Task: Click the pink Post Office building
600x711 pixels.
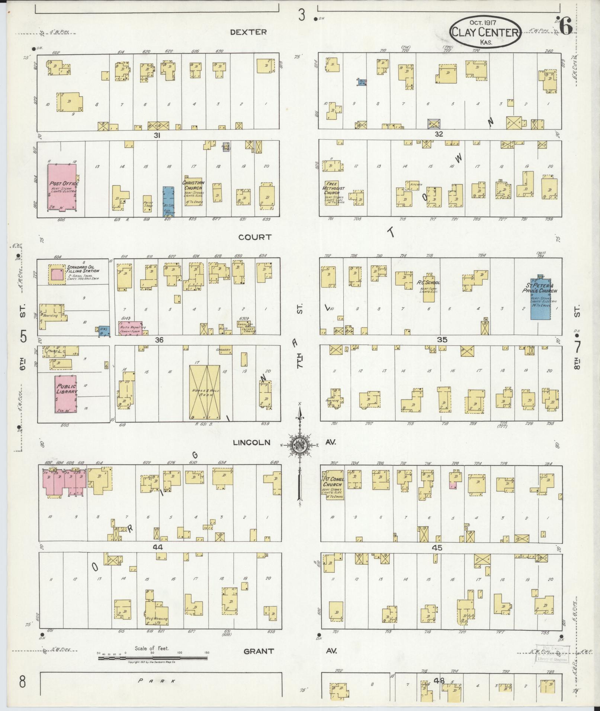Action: click(62, 187)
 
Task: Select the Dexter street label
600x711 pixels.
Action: click(248, 32)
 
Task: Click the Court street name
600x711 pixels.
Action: click(255, 237)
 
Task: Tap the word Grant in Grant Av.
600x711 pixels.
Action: click(259, 651)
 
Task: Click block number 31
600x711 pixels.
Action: click(157, 136)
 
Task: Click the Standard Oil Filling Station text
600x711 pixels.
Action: click(83, 269)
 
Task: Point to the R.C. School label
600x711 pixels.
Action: click(429, 282)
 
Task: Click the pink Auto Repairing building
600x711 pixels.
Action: click(131, 327)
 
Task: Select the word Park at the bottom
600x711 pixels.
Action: click(156, 681)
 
